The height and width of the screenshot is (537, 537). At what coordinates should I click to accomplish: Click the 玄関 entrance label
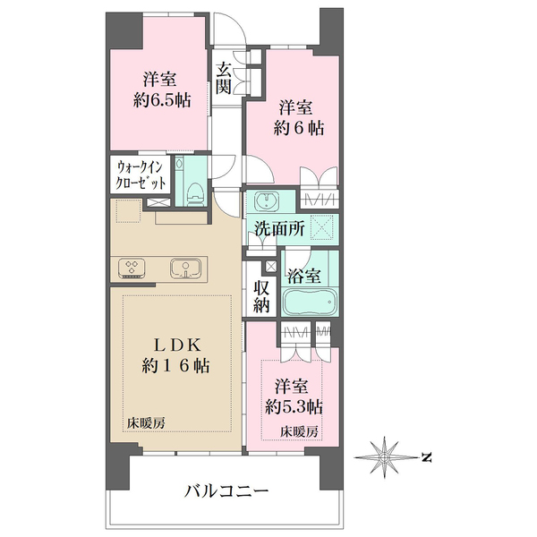(224, 78)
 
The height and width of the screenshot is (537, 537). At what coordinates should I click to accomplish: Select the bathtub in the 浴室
(310, 303)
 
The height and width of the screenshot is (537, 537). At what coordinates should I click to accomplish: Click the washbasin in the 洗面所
(267, 201)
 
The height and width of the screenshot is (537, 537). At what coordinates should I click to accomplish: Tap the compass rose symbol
(385, 457)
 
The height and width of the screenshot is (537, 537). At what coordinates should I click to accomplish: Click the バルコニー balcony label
(226, 492)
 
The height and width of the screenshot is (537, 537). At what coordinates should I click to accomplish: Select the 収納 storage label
(261, 296)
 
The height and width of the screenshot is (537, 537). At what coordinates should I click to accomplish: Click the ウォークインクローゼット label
(141, 175)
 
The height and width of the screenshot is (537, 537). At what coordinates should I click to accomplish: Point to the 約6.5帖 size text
(162, 101)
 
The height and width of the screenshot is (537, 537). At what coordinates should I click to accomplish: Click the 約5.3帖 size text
(294, 407)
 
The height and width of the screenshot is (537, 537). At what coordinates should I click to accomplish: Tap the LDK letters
(176, 345)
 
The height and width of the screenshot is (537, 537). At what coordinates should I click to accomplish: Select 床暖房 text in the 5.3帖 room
(299, 431)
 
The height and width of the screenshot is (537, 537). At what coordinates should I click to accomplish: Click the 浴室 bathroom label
(303, 276)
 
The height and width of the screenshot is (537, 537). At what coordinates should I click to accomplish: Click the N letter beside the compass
(426, 457)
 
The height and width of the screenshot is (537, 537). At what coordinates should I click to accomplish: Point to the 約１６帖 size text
(175, 366)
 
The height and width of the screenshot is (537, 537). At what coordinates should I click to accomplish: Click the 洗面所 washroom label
(280, 229)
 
